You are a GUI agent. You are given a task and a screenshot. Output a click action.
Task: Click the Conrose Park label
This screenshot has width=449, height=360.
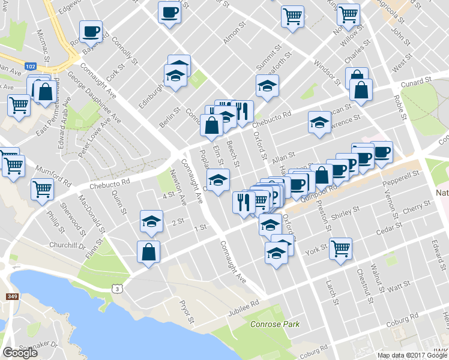coord(274,325)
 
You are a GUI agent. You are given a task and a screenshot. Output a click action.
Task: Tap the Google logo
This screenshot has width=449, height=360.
coord(20,353)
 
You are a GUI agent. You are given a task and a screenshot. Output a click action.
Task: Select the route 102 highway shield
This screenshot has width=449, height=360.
coord(28,65)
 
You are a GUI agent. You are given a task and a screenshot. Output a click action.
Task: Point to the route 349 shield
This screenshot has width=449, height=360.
coord(12,296)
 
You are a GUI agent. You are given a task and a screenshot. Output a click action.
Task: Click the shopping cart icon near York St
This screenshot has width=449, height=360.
coord(340,247)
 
